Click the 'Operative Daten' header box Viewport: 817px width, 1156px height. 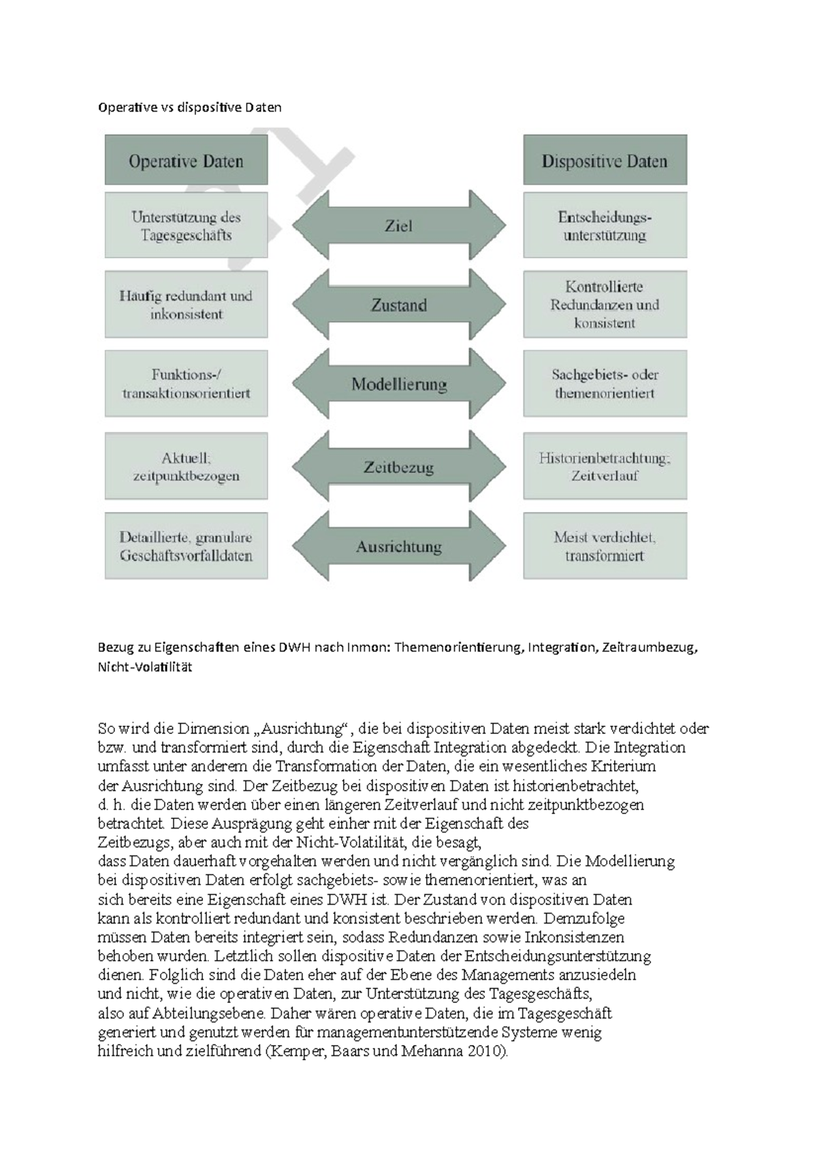coord(186,161)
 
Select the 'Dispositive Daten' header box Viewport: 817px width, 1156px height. coord(605,161)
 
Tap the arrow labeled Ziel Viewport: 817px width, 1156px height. coord(399,225)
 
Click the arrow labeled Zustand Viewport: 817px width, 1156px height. coord(399,305)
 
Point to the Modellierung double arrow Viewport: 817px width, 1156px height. coord(399,384)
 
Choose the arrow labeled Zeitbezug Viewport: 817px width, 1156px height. coord(399,467)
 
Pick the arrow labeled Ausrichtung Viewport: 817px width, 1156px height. coord(399,547)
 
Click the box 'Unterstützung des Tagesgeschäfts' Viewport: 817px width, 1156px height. coord(186,225)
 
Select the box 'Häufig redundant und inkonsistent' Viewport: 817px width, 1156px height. coord(186,305)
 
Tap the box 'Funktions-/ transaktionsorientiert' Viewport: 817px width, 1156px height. coord(186,384)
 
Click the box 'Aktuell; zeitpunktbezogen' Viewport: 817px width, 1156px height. coord(186,467)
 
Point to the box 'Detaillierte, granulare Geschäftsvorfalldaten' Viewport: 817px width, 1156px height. coord(186,547)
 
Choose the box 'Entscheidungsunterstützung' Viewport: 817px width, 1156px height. coord(605,225)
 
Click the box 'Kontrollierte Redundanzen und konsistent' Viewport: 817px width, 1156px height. coord(605,305)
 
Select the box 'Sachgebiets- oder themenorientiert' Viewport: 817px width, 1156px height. coord(605,384)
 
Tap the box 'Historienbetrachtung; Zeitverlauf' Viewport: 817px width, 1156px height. coord(605,467)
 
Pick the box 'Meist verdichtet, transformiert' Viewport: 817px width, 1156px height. coord(605,547)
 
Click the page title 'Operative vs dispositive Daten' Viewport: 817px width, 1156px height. coord(189,108)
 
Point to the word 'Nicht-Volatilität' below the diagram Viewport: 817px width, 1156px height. coord(145,667)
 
